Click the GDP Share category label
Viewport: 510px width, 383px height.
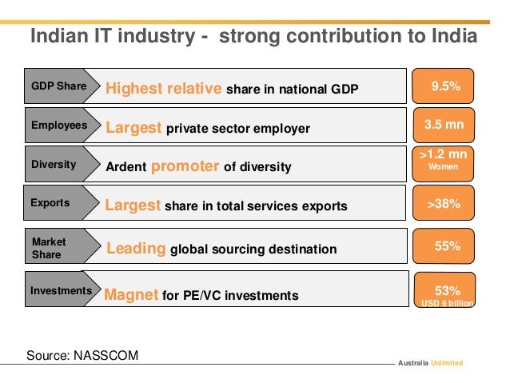pos(58,86)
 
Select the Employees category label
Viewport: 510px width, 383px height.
pos(58,126)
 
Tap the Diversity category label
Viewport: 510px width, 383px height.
pos(54,165)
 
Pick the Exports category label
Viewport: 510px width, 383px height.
pos(50,203)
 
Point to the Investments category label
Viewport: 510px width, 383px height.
pos(61,291)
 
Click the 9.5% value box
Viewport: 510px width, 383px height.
pos(444,86)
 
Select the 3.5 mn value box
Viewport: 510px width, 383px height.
pos(444,126)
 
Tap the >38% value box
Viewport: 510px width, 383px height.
pos(444,204)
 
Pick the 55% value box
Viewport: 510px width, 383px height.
pos(444,247)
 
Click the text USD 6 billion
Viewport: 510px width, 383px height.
pos(448,304)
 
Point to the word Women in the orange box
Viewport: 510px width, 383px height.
pos(444,168)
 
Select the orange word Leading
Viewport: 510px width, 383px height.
pos(136,249)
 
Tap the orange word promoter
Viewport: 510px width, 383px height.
pos(185,166)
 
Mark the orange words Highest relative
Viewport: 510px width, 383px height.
pos(164,88)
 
